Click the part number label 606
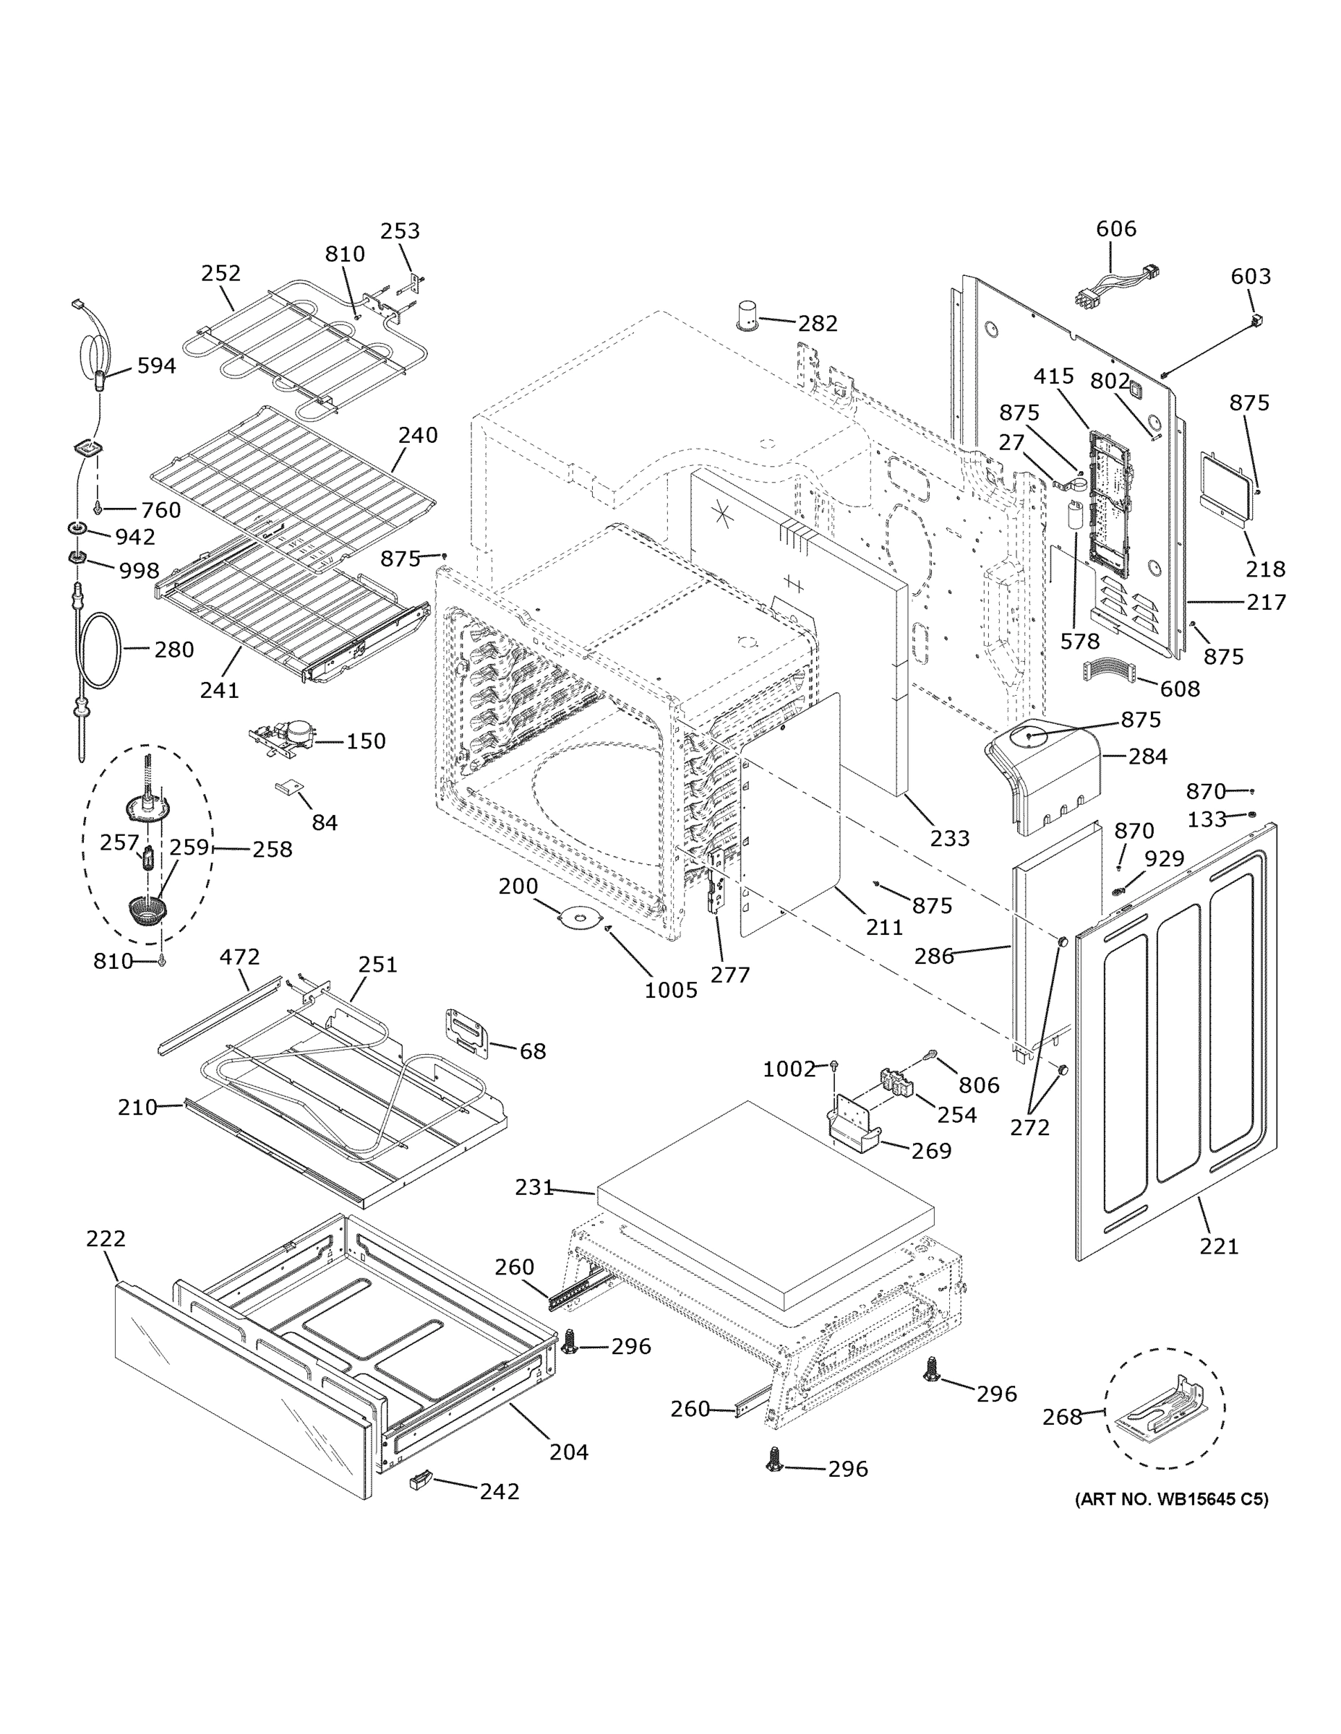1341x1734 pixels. (x=1115, y=228)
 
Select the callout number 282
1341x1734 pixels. (x=818, y=324)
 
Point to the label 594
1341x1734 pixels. (x=156, y=366)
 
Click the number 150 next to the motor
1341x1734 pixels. (x=366, y=741)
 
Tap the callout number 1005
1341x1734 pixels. (x=671, y=990)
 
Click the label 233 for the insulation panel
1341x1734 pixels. (x=950, y=838)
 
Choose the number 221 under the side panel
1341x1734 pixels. (x=1219, y=1246)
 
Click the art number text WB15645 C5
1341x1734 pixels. (x=1171, y=1500)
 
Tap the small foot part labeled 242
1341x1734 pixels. (x=419, y=1479)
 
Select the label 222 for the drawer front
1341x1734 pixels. (x=106, y=1238)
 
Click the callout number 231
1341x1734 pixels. (x=534, y=1188)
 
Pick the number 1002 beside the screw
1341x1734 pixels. (x=789, y=1069)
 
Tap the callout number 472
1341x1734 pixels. (x=239, y=957)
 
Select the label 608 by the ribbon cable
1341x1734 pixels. (x=1180, y=689)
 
